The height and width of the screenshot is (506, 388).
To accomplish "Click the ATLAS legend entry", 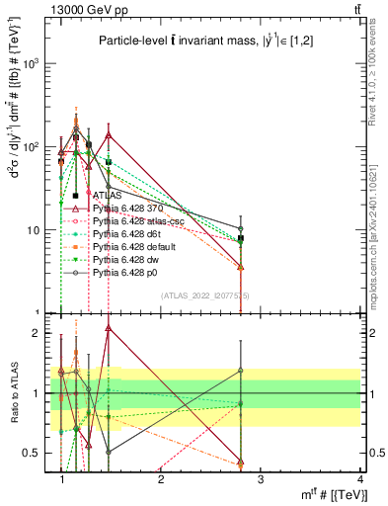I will point(103,196).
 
